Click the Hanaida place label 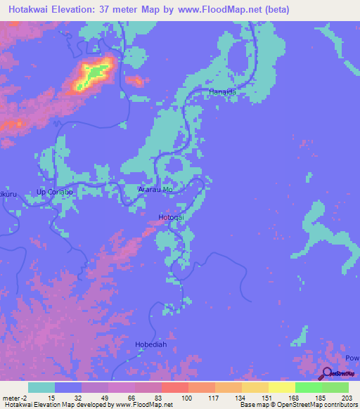click(x=220, y=93)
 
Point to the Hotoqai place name click(x=171, y=217)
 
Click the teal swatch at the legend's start click(x=41, y=387)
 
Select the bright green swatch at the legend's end click(x=335, y=387)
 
